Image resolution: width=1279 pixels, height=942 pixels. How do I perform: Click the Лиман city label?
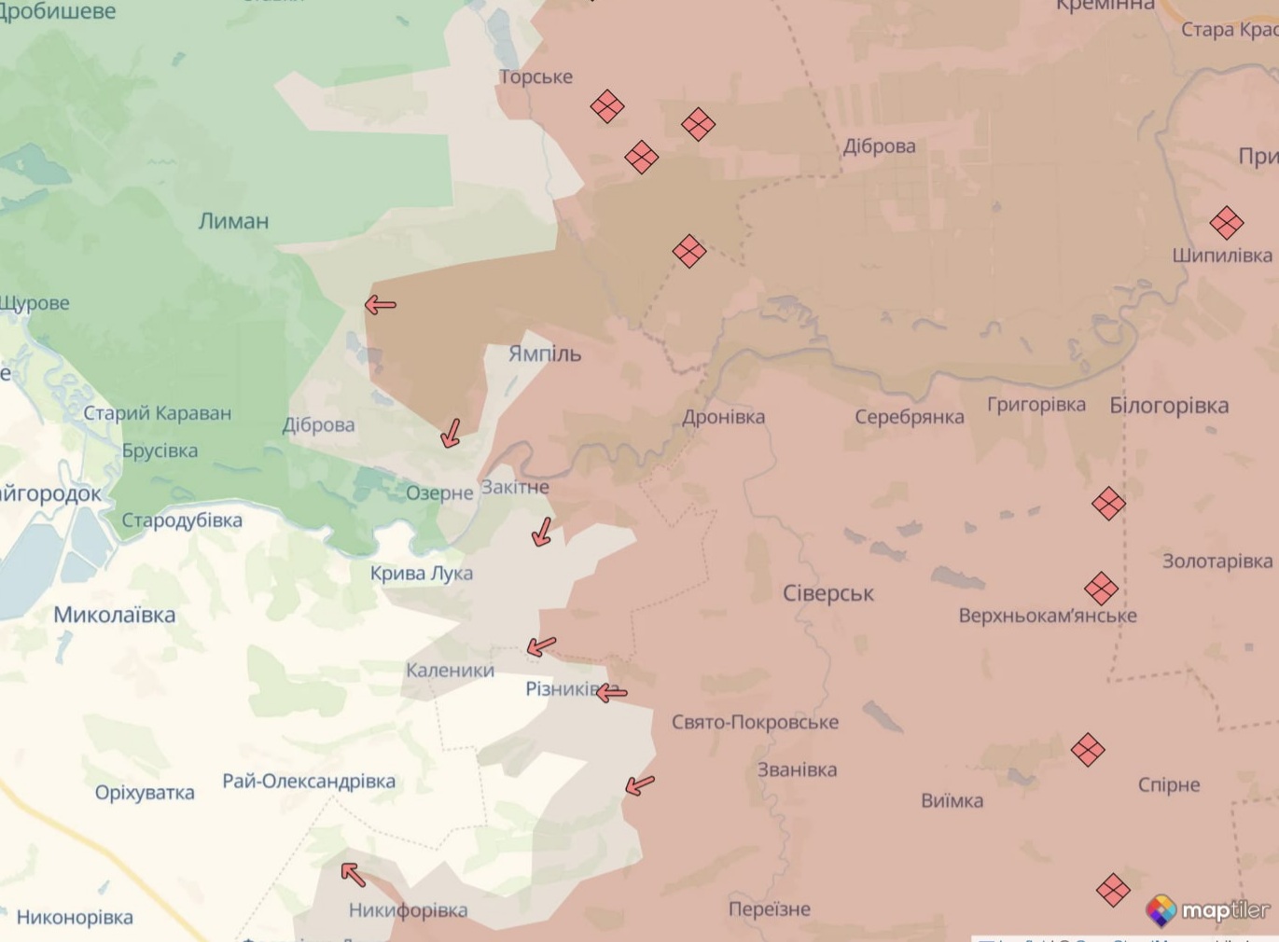(233, 221)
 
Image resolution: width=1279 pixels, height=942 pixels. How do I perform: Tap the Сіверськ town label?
(828, 593)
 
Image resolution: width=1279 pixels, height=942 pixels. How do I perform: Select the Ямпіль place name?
(545, 353)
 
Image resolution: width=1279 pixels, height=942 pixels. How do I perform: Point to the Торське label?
(535, 76)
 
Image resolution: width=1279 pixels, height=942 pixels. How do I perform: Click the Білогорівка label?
(1169, 406)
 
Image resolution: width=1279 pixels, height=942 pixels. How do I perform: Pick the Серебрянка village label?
(910, 417)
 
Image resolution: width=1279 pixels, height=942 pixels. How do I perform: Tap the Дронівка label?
(723, 417)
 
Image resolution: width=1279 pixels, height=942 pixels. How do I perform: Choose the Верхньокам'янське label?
(1048, 616)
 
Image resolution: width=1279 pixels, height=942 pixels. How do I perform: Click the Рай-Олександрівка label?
(309, 781)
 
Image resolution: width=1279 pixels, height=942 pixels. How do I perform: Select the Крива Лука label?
(422, 573)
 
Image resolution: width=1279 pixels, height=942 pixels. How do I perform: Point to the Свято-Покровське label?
(755, 722)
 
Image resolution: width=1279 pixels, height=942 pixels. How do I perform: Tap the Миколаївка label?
(114, 615)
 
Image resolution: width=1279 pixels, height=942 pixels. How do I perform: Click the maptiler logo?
(1209, 910)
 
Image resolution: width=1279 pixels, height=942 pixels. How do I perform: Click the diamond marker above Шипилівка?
(1226, 223)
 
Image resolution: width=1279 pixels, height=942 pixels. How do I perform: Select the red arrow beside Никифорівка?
(353, 874)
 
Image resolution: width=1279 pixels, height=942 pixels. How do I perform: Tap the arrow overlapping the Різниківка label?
(612, 693)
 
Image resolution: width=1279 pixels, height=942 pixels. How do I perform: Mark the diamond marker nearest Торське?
(607, 106)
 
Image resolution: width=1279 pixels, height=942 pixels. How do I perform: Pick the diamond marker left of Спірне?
(1088, 749)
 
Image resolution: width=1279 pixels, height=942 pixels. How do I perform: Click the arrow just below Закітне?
(542, 532)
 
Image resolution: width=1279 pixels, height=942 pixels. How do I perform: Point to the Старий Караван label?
(157, 413)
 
